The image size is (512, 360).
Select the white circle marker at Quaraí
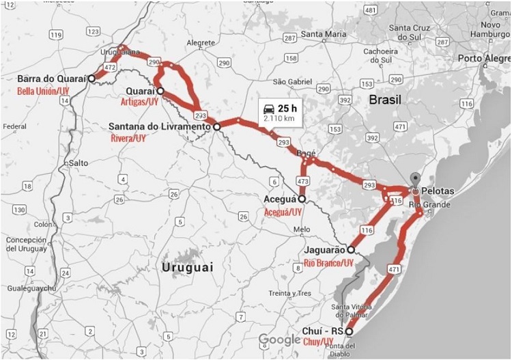(x=160, y=90)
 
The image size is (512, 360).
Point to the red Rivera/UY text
(x=128, y=138)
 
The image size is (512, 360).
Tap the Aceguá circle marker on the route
(x=302, y=199)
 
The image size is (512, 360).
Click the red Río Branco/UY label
(x=328, y=262)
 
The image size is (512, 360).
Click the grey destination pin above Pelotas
(x=414, y=180)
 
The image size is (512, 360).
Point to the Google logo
(x=280, y=340)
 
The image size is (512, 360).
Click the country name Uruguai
(x=188, y=268)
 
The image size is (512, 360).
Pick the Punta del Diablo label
(x=353, y=349)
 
